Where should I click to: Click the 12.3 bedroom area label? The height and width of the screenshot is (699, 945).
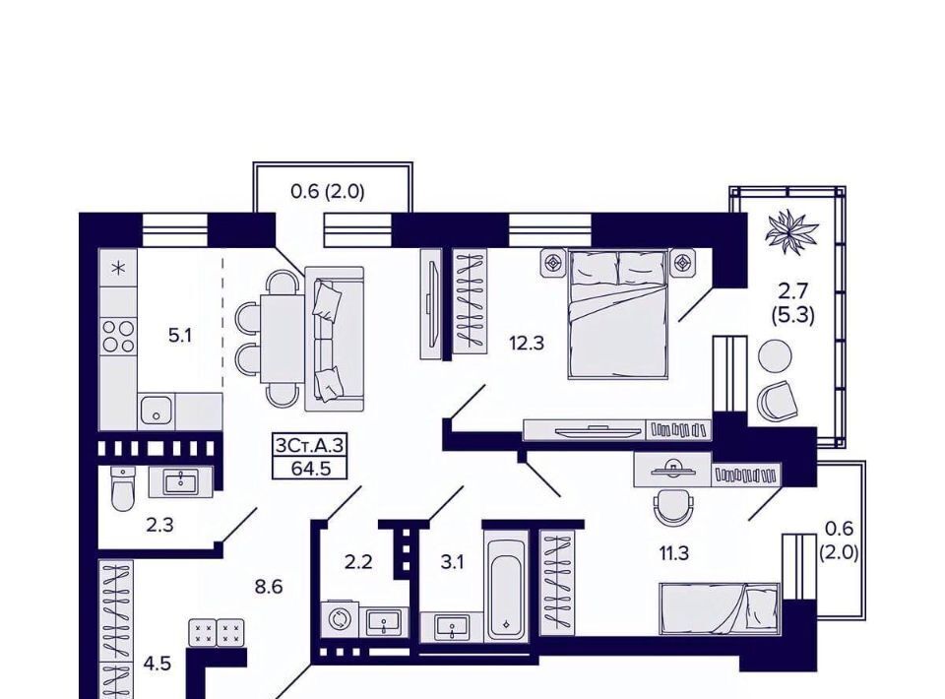(526, 344)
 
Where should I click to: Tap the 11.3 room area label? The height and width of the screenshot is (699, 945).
(673, 552)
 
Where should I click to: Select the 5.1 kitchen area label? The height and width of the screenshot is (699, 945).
(179, 336)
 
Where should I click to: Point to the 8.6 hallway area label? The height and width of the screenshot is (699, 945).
(268, 587)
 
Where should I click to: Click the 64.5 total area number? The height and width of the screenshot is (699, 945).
(310, 469)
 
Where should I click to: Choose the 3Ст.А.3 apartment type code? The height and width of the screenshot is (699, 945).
(310, 446)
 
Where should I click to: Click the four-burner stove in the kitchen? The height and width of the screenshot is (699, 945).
(118, 337)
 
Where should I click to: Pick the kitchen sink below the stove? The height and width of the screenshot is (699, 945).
(157, 411)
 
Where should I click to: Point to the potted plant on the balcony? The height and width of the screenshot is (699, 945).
(791, 232)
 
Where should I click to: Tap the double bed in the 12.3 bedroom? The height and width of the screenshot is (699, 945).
(618, 315)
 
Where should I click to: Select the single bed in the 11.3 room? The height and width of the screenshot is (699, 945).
(720, 608)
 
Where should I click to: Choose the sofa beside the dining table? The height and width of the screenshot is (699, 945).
(335, 339)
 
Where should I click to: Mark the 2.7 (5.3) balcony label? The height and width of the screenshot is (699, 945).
(792, 303)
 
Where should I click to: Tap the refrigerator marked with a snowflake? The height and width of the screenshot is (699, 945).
(118, 268)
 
